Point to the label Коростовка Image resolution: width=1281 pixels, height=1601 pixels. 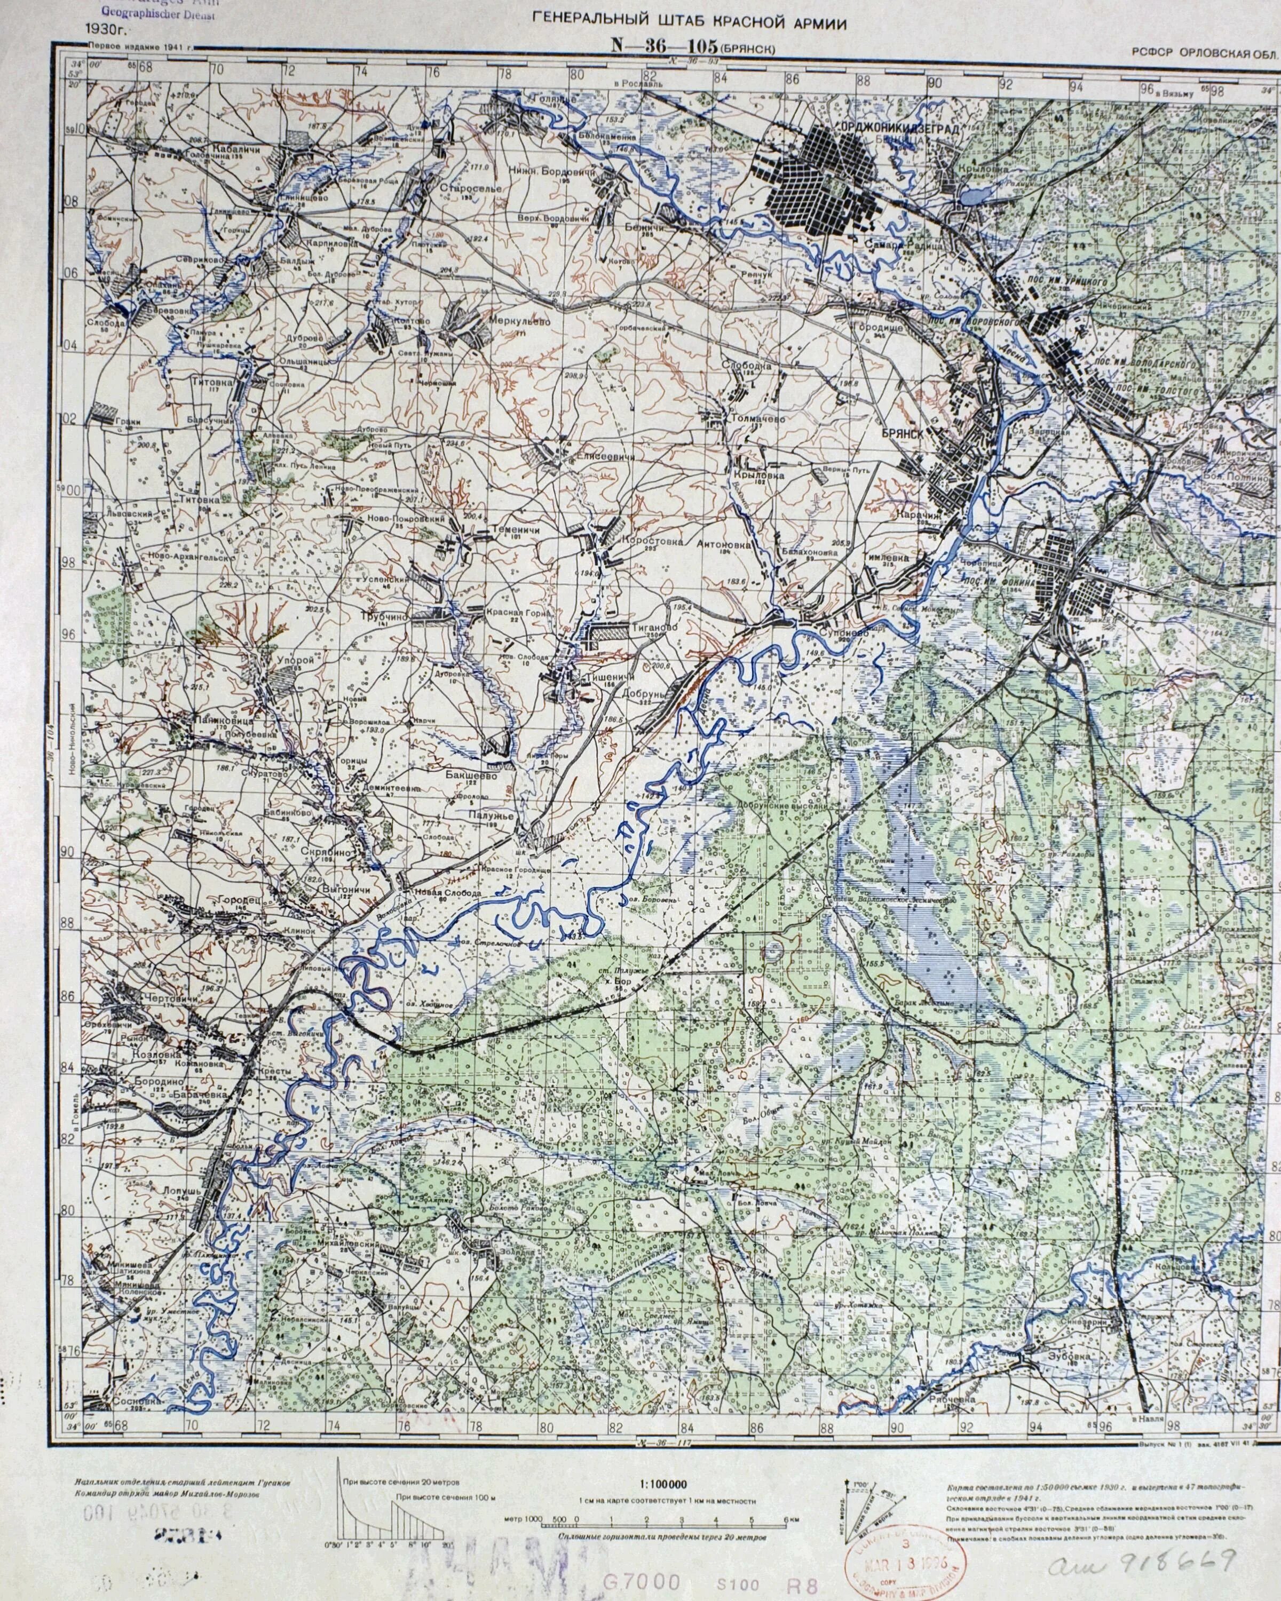652,541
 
